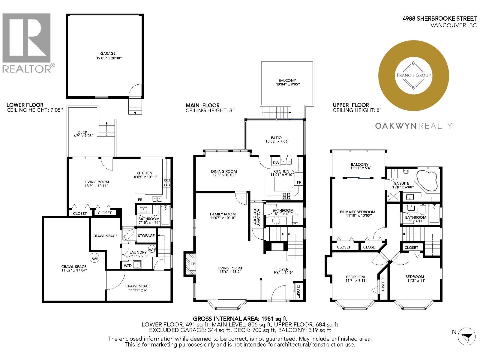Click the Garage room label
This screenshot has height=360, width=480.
click(x=108, y=53)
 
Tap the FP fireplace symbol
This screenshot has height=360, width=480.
click(x=192, y=264)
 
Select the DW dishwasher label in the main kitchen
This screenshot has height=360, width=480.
click(x=276, y=163)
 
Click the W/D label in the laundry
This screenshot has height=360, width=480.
click(x=127, y=265)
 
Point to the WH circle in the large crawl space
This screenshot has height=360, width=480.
click(x=95, y=258)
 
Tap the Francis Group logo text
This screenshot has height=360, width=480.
click(x=414, y=75)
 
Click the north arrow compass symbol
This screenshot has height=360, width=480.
click(x=467, y=336)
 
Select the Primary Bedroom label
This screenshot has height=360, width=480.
click(x=357, y=212)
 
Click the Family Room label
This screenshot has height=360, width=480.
click(x=223, y=214)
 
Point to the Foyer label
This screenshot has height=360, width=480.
click(x=282, y=269)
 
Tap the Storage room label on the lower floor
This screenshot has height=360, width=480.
click(x=146, y=236)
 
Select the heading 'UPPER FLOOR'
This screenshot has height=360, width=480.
click(x=351, y=105)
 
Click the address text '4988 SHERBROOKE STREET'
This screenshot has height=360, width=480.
click(x=439, y=19)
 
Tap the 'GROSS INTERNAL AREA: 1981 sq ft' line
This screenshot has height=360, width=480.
click(x=240, y=319)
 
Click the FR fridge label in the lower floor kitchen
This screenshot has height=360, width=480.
click(x=140, y=200)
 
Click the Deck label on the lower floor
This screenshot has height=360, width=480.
click(x=82, y=132)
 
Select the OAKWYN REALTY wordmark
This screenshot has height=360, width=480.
click(x=413, y=126)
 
